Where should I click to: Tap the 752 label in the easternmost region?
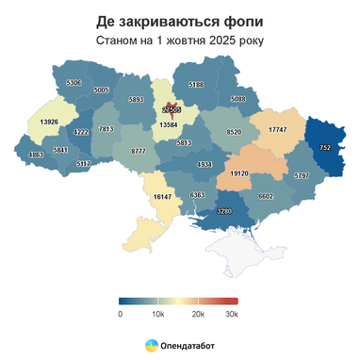[x=325, y=149]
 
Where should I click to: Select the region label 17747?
[x=278, y=129]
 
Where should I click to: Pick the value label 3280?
[x=224, y=211]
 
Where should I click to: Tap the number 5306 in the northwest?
[x=74, y=83]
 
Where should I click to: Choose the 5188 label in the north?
[x=196, y=85]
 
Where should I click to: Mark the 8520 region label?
[x=234, y=133]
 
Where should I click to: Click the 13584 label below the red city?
[x=170, y=124]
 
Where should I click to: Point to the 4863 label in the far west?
[x=36, y=155]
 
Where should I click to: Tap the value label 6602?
[x=265, y=195]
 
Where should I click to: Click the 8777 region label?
[x=139, y=151]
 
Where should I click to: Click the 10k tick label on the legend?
[x=157, y=314]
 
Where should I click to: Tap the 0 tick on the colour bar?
[x=121, y=314]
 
